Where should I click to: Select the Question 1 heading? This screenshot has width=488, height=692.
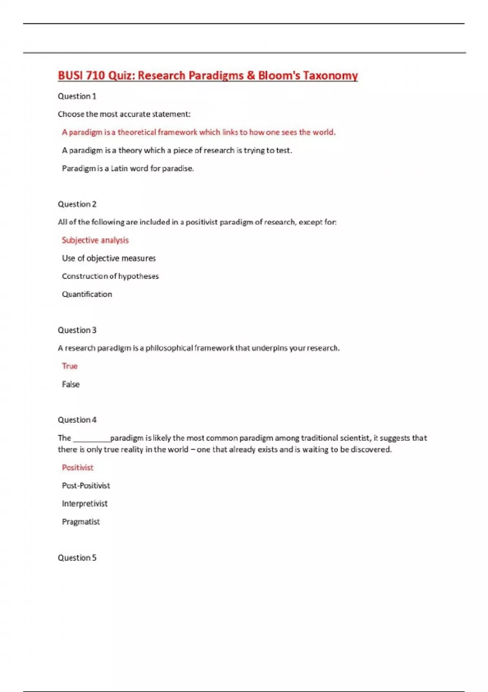point(77,96)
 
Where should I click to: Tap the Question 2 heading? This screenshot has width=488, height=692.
point(77,204)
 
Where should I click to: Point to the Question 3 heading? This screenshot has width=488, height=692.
point(77,330)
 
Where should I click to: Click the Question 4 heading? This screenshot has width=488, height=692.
point(77,420)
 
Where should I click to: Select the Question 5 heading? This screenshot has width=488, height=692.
point(77,558)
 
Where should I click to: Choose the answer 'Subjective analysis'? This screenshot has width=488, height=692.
point(95,241)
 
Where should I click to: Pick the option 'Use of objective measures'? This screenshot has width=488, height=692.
point(109,258)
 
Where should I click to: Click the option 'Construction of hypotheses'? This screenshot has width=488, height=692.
point(110,276)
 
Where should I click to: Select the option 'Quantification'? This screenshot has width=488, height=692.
point(87,294)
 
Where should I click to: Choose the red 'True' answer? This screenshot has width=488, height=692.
point(70,366)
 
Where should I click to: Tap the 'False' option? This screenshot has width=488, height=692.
point(71,384)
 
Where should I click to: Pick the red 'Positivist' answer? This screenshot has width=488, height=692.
point(78,468)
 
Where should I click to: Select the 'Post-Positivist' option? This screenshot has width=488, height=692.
point(86,486)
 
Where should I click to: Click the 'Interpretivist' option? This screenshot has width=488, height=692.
point(85,504)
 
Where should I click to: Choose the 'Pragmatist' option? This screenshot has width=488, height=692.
point(81,522)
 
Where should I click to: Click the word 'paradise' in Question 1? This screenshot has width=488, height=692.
point(177,169)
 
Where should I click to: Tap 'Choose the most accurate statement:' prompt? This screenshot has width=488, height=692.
point(124,114)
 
